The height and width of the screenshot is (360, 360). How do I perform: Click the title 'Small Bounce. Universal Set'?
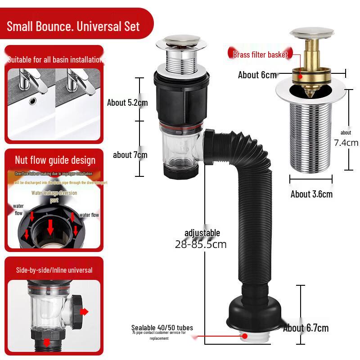click(x=73, y=26)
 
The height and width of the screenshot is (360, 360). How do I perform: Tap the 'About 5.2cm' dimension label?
click(x=127, y=103)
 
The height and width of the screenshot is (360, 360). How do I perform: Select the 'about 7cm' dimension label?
click(x=130, y=155)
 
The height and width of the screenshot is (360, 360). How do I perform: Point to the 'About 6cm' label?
click(x=257, y=75)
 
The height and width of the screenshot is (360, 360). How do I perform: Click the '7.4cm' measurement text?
click(x=346, y=143)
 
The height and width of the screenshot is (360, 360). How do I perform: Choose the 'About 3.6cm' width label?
click(x=311, y=194)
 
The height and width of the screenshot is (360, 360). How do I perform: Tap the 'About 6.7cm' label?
click(x=306, y=328)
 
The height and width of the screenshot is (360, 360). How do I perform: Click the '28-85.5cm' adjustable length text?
click(x=201, y=245)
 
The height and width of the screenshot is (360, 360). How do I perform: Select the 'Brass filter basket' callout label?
click(x=260, y=55)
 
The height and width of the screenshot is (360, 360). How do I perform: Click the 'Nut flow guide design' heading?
click(x=55, y=160)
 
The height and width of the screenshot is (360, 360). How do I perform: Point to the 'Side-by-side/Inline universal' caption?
click(x=54, y=270)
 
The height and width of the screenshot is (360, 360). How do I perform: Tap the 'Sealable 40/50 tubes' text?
click(x=162, y=328)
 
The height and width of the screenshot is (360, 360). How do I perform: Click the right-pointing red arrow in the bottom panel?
click(x=85, y=312)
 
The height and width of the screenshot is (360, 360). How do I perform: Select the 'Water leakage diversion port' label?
click(x=54, y=196)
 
